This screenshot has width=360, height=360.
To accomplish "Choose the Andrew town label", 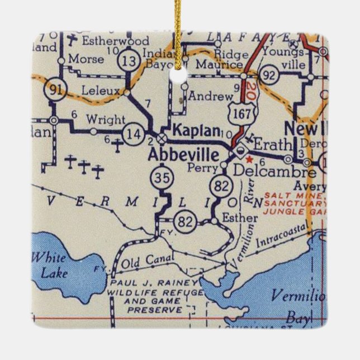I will tap(210, 96).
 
